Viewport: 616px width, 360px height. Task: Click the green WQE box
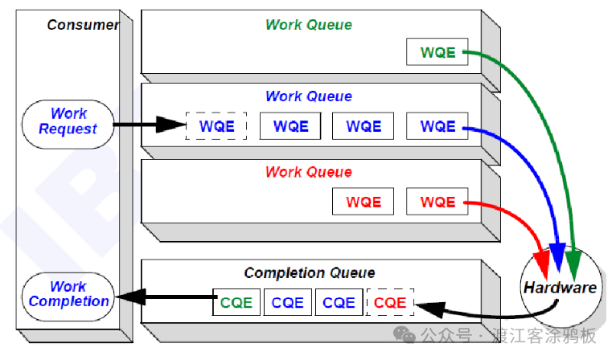pos(437,53)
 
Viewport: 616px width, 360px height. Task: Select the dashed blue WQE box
pos(216,126)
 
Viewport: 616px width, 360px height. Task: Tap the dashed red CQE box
pos(390,303)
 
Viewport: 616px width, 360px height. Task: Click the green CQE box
pos(236,303)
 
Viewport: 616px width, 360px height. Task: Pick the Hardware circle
pos(560,287)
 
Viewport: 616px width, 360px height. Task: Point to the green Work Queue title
pos(309,24)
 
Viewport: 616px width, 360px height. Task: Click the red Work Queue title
pos(309,172)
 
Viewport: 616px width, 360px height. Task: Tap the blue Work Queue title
pos(309,96)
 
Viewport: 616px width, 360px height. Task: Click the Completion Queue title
pos(309,273)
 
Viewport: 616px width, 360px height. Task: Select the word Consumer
pos(83,24)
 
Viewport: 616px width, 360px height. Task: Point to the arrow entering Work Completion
pos(161,298)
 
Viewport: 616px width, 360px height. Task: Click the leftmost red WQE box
pos(363,202)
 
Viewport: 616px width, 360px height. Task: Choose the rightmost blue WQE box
pos(437,126)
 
